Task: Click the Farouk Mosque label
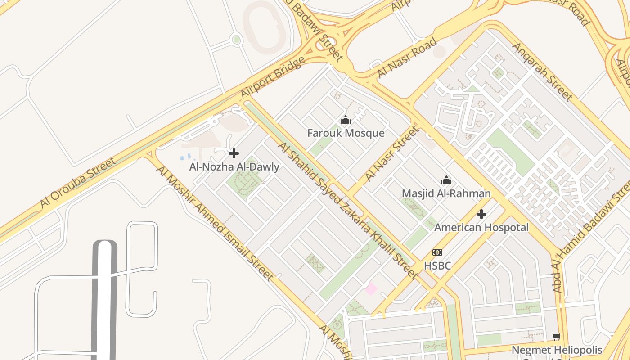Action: pyautogui.click(x=346, y=133)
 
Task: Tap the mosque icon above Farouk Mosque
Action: pyautogui.click(x=346, y=120)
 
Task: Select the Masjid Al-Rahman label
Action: pyautogui.click(x=446, y=193)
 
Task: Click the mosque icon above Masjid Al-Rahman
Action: pyautogui.click(x=446, y=180)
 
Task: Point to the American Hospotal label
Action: pyautogui.click(x=481, y=228)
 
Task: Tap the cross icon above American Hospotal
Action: pyautogui.click(x=481, y=214)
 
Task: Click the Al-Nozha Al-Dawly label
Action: pyautogui.click(x=234, y=167)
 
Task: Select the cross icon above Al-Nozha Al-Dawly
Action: pyautogui.click(x=234, y=153)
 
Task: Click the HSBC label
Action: pyautogui.click(x=437, y=265)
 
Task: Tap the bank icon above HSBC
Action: pyautogui.click(x=437, y=252)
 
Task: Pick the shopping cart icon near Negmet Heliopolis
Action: pyautogui.click(x=557, y=337)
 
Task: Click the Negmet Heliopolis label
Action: pyautogui.click(x=557, y=350)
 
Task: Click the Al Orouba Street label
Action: pyautogui.click(x=78, y=182)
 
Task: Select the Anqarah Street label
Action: pyautogui.click(x=542, y=72)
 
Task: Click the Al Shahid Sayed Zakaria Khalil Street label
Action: pyautogui.click(x=348, y=210)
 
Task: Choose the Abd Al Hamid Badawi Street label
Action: pyautogui.click(x=593, y=234)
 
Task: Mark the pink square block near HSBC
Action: pyautogui.click(x=371, y=288)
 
